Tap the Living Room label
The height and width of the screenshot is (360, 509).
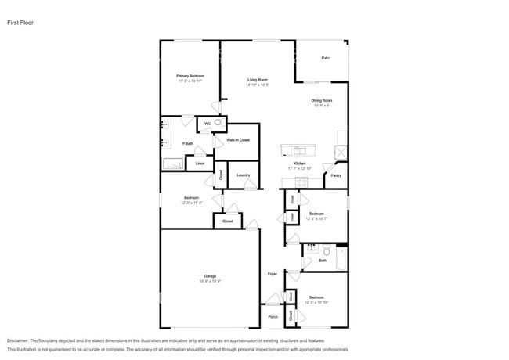258,80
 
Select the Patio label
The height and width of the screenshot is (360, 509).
325,59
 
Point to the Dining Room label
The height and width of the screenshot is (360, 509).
321,100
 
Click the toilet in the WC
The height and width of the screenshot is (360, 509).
218,123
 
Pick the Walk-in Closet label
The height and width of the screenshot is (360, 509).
238,139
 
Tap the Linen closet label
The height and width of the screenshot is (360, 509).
200,163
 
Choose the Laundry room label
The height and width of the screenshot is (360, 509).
243,175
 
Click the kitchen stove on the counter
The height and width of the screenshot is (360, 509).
301,182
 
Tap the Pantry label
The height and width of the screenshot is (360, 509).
336,175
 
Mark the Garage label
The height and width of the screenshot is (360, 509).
210,276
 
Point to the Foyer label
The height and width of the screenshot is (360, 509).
273,274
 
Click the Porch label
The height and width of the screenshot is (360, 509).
273,316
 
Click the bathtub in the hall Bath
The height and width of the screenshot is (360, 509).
341,258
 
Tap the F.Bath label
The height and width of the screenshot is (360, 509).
188,143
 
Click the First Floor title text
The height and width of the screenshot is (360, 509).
21,23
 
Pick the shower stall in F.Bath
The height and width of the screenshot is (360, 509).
172,163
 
